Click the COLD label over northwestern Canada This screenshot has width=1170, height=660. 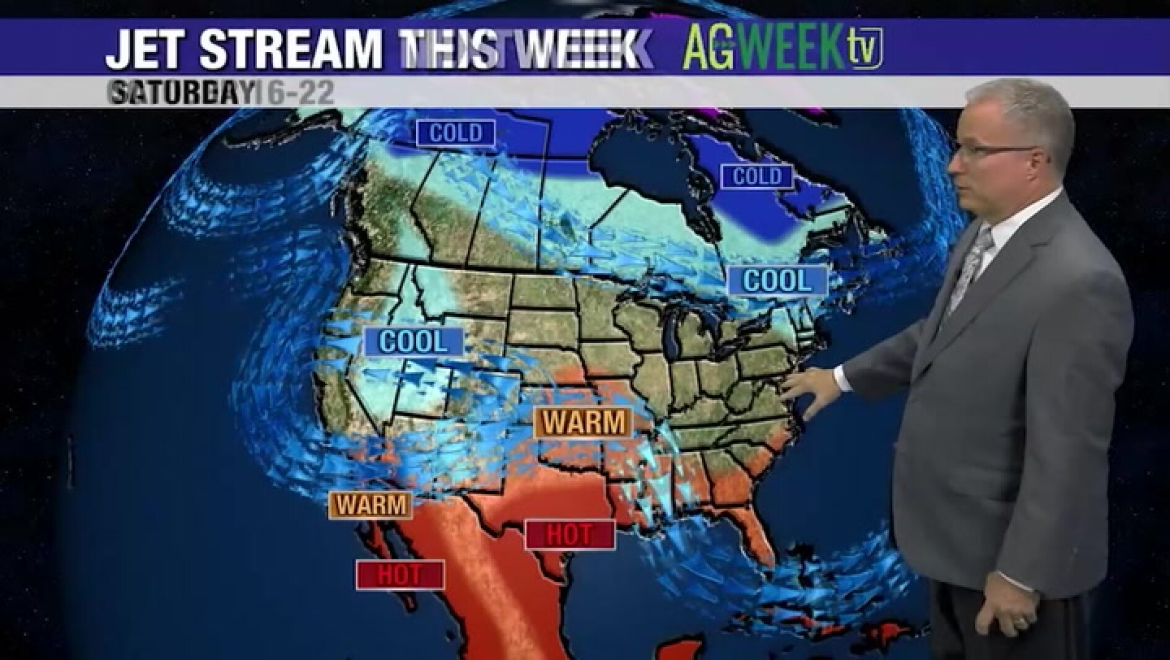[x=456, y=133]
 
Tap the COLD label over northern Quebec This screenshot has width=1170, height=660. [x=757, y=176]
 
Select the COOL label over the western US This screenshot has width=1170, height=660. [x=413, y=342]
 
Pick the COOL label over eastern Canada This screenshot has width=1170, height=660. [x=777, y=281]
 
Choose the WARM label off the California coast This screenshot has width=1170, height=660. [x=371, y=505]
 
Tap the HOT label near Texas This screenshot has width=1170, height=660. [x=570, y=534]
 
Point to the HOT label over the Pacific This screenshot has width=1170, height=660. [x=399, y=575]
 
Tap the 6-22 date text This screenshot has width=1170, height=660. [x=300, y=93]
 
